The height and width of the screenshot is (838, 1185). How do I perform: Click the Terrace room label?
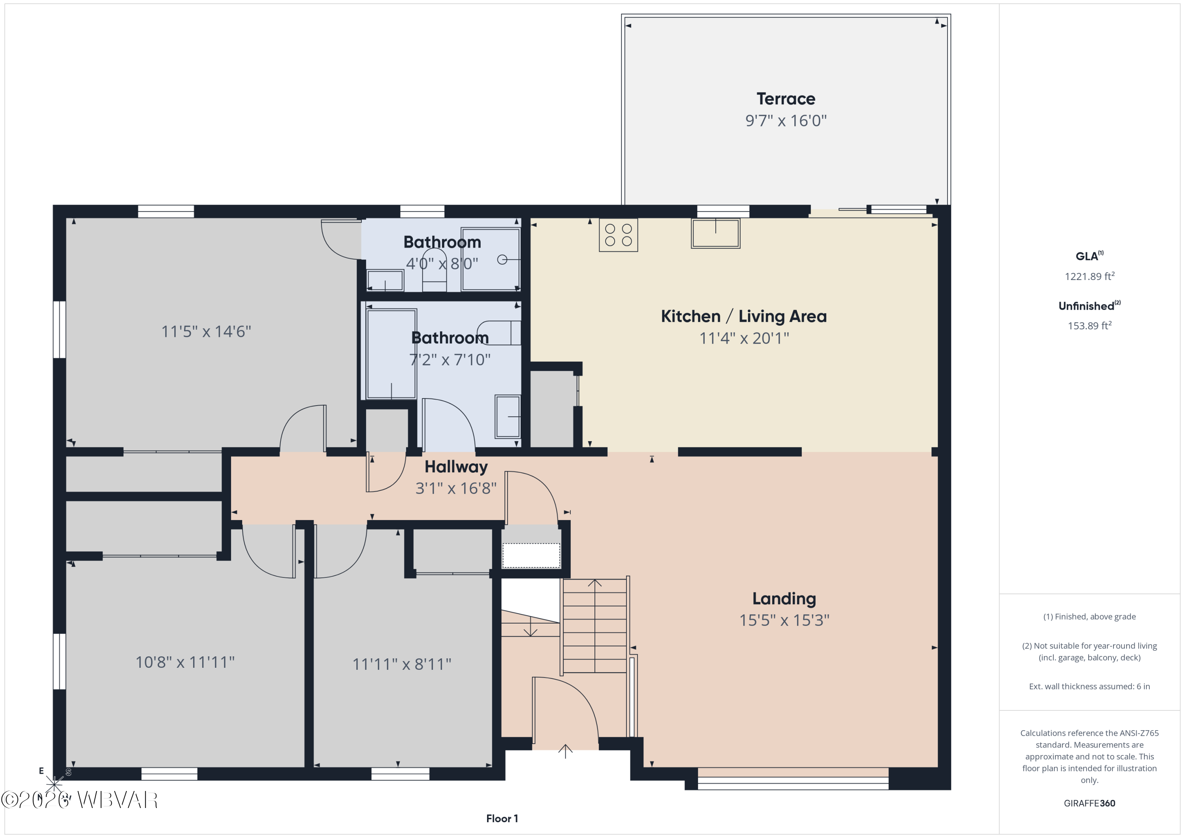786,99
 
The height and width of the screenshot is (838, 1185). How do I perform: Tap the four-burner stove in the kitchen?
618,235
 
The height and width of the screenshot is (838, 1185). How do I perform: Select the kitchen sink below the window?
715,233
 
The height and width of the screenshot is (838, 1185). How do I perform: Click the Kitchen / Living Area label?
744,316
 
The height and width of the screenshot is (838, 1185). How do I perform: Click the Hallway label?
456,467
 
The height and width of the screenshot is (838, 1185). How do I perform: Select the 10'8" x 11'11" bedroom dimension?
185,662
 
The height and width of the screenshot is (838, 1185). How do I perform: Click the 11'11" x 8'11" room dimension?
402,664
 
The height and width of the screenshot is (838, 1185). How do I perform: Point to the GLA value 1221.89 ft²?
1089,276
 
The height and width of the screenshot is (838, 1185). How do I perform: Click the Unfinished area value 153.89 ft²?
1089,325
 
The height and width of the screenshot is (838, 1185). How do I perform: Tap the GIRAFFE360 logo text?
1089,803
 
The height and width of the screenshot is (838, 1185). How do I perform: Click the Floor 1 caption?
502,818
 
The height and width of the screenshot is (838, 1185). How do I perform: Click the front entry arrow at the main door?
565,751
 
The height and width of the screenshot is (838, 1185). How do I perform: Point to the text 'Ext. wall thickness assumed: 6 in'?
1089,686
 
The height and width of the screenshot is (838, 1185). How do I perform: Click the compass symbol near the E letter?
54,785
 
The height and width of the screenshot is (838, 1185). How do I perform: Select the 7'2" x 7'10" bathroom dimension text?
450,360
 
